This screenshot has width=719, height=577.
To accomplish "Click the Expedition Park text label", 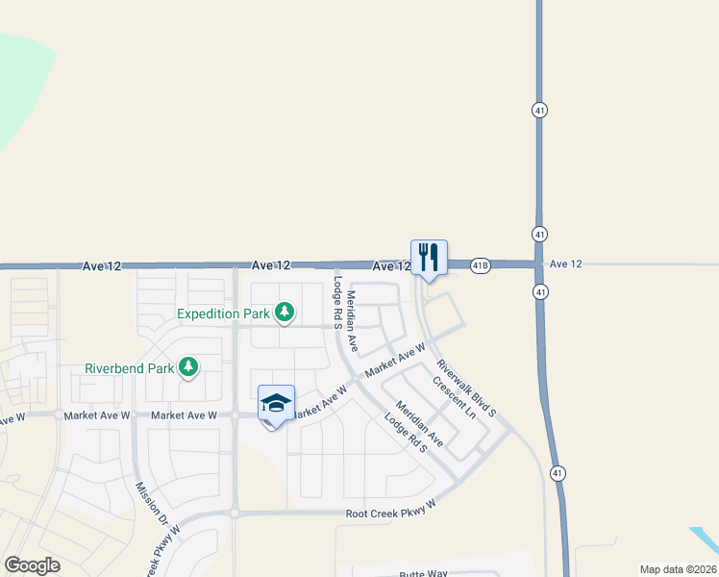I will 223,314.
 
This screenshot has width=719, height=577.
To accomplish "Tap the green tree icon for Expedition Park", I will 284,313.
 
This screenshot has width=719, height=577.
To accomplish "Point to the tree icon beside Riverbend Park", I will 189,366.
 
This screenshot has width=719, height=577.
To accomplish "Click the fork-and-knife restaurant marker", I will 429,258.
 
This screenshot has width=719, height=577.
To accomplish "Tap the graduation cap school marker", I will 276,404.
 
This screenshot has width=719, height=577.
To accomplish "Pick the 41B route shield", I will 481,264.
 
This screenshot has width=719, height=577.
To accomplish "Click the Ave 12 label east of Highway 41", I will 565,263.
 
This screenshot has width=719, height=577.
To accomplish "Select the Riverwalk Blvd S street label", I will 465,389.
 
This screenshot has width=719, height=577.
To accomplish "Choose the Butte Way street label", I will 424,573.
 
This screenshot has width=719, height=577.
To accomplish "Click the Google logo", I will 32,565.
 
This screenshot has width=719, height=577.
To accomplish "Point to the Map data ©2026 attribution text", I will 678,569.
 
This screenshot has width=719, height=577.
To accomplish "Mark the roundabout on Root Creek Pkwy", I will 234,514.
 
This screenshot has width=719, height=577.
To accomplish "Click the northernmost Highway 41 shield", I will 539,111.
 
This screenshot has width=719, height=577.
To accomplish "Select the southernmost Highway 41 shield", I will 558,472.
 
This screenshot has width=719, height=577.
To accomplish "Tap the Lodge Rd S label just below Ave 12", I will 338,303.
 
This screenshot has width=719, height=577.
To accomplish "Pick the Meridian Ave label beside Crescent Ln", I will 419,424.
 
